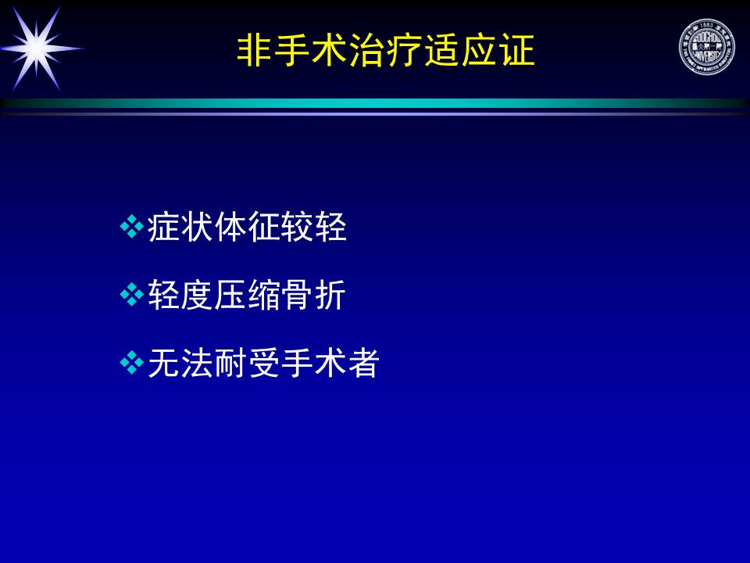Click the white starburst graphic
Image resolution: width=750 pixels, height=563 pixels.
37,48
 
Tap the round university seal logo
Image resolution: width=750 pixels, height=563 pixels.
706,46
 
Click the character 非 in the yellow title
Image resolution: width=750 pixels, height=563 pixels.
254,50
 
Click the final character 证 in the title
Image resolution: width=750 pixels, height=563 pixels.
516,50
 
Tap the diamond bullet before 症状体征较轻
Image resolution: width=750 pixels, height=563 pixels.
131,227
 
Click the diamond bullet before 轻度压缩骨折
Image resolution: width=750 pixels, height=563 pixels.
131,295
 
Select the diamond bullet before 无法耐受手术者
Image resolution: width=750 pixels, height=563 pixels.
131,362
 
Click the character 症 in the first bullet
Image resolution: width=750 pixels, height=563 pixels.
163,227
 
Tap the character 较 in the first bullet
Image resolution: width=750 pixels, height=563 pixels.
297,227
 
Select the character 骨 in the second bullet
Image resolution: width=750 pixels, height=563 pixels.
297,295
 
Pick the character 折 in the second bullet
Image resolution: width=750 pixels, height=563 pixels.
330,295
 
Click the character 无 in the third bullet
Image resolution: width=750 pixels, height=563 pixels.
163,362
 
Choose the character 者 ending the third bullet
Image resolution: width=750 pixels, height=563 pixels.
363,362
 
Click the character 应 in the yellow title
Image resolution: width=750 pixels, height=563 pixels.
479,50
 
